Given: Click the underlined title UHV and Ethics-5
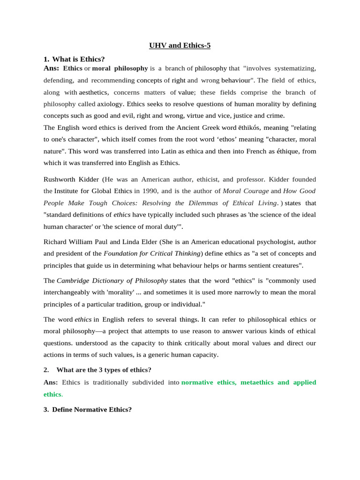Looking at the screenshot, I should pos(180,45).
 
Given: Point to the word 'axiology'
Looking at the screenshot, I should pos(110,104).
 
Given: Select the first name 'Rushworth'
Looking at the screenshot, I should pos(60,179).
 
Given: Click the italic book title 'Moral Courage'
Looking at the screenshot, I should pos(246,191).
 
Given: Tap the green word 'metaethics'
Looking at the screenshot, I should pos(257,382).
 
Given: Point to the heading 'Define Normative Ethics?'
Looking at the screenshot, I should pos(92,409).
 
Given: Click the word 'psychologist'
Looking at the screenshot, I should pos(278,242).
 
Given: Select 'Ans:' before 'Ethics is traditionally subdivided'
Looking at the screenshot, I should pos(51,382).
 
